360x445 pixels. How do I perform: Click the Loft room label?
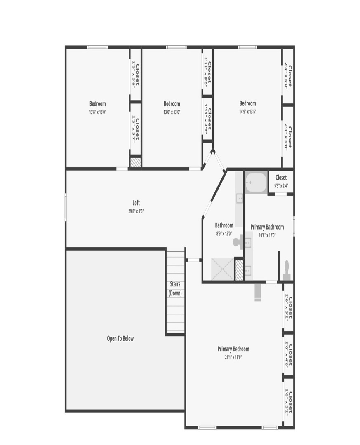coord(136,203)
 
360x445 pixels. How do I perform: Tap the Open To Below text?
coord(120,339)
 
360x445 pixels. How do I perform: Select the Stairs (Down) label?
coord(175,288)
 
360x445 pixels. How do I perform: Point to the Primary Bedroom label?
coord(233,349)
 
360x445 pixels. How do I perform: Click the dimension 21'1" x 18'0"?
coord(233,358)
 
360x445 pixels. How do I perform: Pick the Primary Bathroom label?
coord(267,227)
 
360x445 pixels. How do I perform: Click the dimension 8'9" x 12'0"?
coord(224,234)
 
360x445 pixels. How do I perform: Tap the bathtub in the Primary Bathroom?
coord(256,183)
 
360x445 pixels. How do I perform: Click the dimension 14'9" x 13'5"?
coord(248,112)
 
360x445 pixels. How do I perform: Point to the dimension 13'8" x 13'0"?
coord(98,112)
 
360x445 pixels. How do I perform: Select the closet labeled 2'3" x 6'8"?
coord(288,137)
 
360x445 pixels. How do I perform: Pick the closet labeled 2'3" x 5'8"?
coord(136,74)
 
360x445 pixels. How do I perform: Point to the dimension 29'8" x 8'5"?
coord(136,211)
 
